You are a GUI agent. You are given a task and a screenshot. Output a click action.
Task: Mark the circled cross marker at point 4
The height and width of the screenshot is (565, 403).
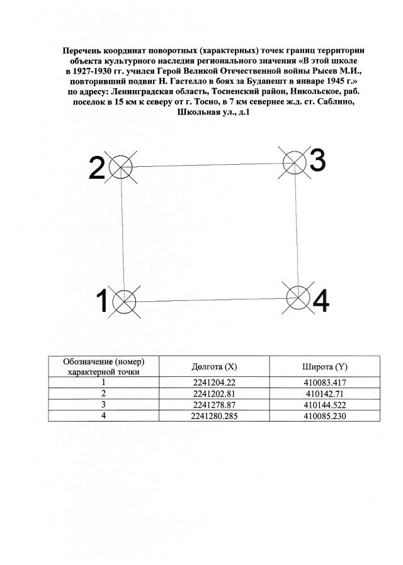coord(298,297)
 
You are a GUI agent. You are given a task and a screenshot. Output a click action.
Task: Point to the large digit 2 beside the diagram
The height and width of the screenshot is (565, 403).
coord(96,168)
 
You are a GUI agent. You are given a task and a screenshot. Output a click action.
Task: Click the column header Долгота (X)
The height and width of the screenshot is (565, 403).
coord(214,367)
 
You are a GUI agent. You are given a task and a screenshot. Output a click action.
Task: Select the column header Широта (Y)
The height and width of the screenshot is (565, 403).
coord(325,367)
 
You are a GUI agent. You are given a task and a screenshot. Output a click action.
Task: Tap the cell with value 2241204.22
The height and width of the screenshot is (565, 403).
coord(214,383)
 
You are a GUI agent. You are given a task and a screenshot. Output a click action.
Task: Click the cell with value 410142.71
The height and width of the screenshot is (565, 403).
coord(325,393)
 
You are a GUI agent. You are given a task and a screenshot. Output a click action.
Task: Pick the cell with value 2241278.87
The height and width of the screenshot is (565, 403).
coord(214,405)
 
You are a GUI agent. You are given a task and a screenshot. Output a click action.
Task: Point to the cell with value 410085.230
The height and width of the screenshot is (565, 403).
coord(325,416)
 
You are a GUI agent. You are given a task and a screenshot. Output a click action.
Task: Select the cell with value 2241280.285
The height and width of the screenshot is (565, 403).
coord(214,416)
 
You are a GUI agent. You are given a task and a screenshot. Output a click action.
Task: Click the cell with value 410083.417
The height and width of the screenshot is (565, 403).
coord(325,383)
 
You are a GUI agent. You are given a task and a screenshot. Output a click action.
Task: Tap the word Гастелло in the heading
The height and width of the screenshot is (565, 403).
coord(188,82)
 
